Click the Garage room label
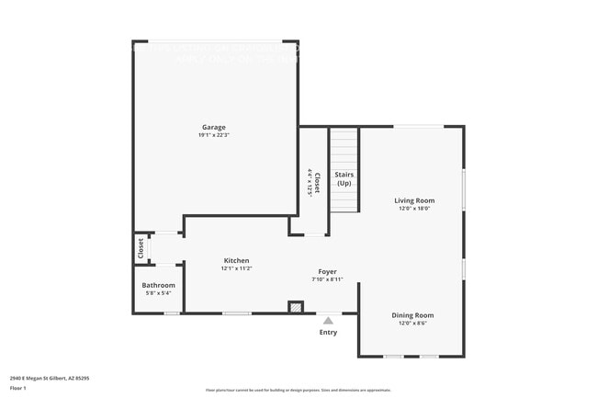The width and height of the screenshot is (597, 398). click(x=214, y=127)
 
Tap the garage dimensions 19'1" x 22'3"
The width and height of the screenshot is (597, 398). click(x=214, y=135)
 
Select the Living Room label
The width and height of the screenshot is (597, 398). click(x=414, y=200)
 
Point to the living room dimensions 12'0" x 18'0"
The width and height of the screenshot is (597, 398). click(x=414, y=209)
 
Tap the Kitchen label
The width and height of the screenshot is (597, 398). click(x=236, y=261)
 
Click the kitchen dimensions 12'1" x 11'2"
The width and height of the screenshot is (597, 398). click(x=236, y=269)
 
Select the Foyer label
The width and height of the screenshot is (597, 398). click(x=328, y=271)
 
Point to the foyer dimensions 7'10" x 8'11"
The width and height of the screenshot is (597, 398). click(x=328, y=279)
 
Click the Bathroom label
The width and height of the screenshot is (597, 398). click(x=159, y=286)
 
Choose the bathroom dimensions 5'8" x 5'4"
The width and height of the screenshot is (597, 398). click(x=159, y=294)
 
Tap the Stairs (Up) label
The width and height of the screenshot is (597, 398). click(x=344, y=178)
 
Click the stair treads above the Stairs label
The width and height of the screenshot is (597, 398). click(x=344, y=147)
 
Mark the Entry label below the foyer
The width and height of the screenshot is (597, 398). click(x=328, y=333)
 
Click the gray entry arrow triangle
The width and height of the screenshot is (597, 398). click(x=328, y=320)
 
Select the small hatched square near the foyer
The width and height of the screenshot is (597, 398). click(x=296, y=306)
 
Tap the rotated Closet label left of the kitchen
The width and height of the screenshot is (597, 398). click(x=141, y=248)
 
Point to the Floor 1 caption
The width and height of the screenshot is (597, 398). click(x=18, y=388)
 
